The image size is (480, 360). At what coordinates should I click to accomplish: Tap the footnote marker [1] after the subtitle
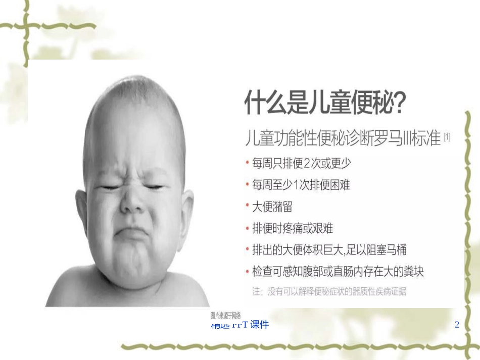point(447,136)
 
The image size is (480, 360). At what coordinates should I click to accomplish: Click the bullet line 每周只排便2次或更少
point(302,164)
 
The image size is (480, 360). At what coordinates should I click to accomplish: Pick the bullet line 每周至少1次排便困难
point(301,185)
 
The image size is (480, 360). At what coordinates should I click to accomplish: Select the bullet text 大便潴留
point(272,207)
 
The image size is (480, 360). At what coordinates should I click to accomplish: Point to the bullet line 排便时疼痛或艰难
point(293,228)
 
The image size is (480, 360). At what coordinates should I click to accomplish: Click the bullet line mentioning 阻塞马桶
point(329,250)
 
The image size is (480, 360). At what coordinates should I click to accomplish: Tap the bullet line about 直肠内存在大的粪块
point(338,272)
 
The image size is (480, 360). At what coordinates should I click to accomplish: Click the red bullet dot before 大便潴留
point(247,207)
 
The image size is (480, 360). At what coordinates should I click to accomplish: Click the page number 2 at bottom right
point(457,325)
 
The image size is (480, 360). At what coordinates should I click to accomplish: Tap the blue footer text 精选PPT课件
point(240,325)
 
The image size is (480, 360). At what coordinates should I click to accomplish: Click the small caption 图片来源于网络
point(225,315)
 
